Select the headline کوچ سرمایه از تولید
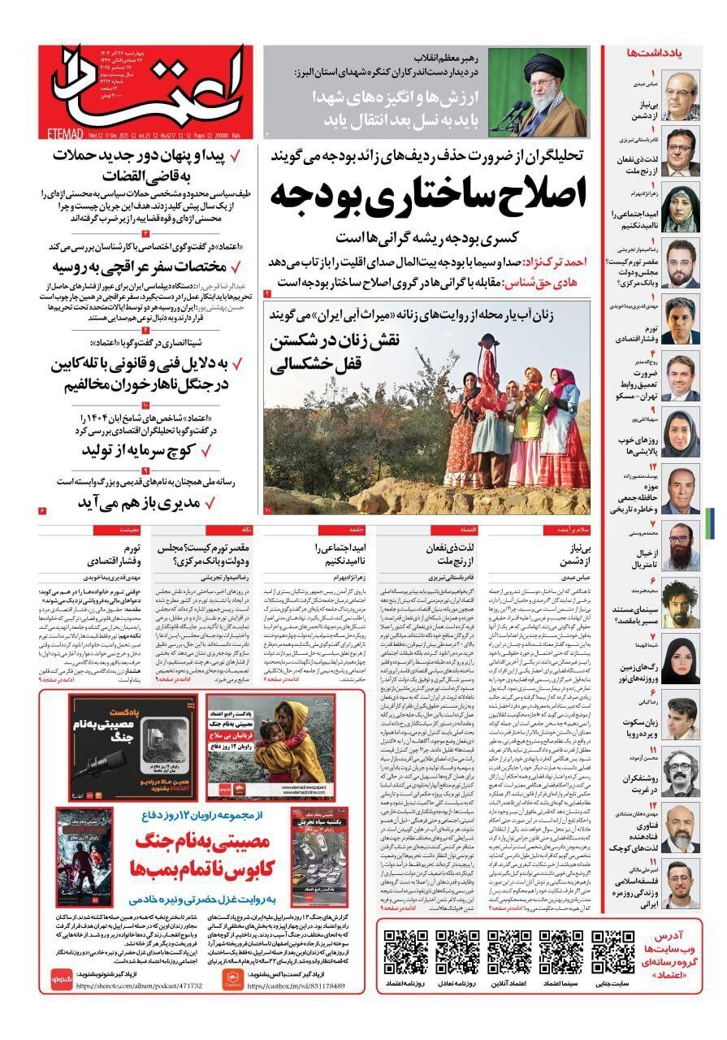tap(149, 449)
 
